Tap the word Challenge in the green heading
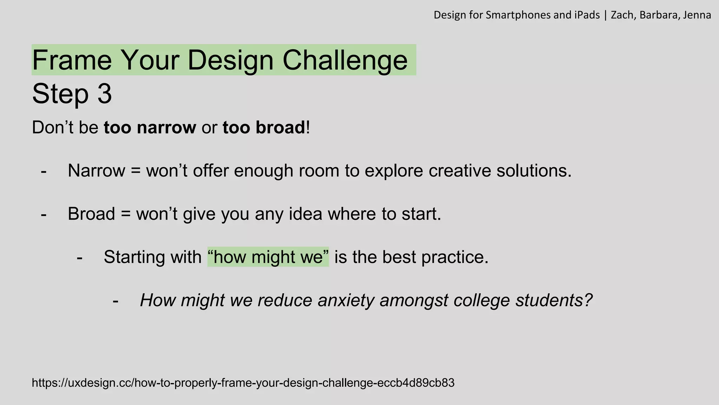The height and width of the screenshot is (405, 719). click(345, 60)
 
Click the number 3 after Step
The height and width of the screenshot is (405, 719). click(105, 94)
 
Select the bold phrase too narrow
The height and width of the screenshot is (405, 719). click(150, 127)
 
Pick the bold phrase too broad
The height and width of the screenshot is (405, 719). click(264, 127)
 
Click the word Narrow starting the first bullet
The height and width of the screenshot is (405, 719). click(97, 171)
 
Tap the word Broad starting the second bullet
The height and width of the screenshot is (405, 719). click(91, 214)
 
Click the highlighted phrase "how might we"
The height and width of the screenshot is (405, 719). click(268, 257)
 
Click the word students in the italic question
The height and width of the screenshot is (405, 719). click(554, 301)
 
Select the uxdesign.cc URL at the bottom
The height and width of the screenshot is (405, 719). click(243, 383)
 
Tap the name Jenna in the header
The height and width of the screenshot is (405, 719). click(697, 15)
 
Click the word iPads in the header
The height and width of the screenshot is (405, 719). click(587, 15)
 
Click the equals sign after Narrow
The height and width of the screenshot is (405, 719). click(136, 171)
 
